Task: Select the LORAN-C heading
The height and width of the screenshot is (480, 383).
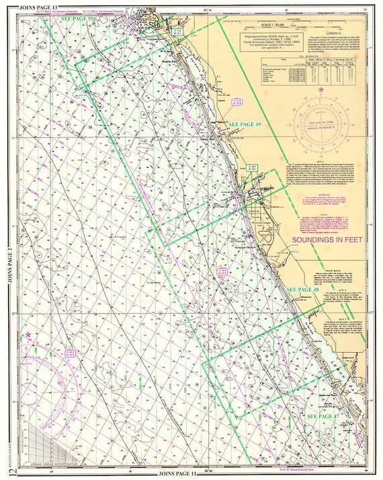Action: [329, 32]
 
